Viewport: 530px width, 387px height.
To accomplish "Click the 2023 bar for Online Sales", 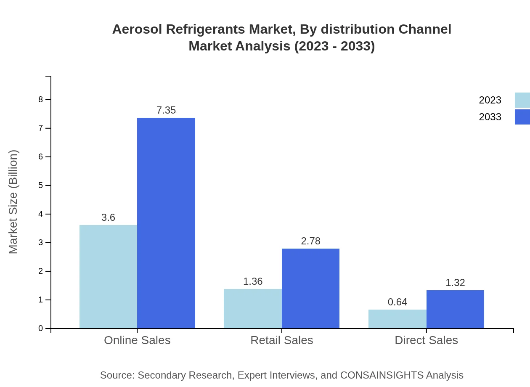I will point(108,276).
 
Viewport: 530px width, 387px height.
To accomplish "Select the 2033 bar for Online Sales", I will point(166,223).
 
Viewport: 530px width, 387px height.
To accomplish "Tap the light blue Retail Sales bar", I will point(253,308).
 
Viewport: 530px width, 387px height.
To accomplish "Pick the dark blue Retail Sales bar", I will point(310,288).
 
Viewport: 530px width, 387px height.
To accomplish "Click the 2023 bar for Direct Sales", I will point(397,319).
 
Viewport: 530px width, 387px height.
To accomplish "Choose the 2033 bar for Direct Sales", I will point(455,309).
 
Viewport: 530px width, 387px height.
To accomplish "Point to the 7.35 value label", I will point(166,110).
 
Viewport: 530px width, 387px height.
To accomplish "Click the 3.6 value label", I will point(108,217).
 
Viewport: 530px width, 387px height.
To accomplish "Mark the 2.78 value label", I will point(310,241).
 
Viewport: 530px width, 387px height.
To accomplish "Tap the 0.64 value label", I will point(397,302).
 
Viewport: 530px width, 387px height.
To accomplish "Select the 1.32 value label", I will point(455,283).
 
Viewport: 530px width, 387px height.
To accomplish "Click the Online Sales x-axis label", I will point(137,340).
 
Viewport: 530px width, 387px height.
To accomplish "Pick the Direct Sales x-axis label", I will point(426,340).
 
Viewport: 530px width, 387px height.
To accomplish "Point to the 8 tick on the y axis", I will point(41,100).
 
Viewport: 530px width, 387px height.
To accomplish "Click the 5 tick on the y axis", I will point(41,186).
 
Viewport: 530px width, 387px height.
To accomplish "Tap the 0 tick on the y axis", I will point(41,329).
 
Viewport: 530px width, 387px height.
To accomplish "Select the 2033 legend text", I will point(490,117).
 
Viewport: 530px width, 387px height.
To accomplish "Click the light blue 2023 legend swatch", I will point(522,100).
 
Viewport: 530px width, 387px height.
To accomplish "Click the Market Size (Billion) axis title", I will point(13,202).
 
